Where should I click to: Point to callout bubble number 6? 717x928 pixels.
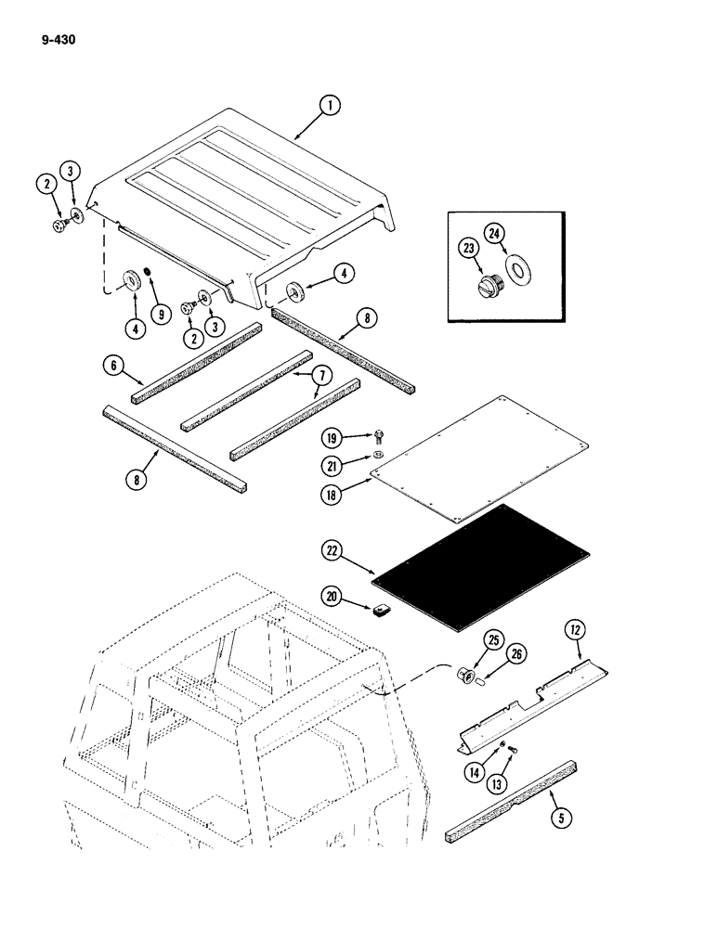[111, 367]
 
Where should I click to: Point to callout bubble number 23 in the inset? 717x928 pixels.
[469, 250]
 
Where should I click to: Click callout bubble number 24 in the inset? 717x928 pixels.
[491, 233]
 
